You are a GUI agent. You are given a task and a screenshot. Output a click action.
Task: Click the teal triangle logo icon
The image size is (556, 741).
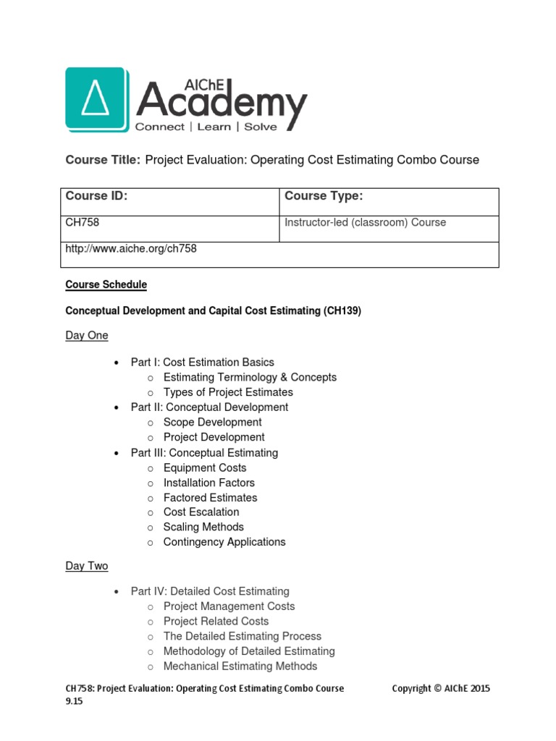97,101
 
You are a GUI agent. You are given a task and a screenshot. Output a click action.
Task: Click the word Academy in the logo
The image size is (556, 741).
221,101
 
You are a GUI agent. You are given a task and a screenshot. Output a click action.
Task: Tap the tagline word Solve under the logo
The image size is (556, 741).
260,127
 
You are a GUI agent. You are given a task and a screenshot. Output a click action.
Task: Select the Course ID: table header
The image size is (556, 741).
96,196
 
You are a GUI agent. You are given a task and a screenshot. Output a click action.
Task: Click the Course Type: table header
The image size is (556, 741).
324,196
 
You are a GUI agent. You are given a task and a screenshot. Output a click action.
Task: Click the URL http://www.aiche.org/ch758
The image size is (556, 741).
131,249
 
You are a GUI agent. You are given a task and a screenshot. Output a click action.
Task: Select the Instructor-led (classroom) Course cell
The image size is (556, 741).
366,223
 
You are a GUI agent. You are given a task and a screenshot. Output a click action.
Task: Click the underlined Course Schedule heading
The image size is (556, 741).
106,285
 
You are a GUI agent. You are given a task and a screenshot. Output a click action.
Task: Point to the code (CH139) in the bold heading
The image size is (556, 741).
342,310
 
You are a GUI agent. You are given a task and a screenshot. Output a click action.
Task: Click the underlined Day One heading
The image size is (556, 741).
87,336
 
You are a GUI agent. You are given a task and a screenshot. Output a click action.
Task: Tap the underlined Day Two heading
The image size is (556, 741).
87,566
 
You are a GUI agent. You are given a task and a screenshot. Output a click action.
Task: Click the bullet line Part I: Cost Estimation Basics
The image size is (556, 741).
202,363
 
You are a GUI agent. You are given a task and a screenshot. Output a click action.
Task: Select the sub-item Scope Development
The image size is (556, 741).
212,423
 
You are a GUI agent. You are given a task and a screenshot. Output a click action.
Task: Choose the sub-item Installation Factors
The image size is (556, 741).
208,483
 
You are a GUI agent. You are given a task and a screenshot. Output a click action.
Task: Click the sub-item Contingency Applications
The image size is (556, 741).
224,542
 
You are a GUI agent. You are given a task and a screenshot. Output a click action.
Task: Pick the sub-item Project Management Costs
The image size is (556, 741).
229,606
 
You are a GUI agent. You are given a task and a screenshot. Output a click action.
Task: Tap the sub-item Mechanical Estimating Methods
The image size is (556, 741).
240,666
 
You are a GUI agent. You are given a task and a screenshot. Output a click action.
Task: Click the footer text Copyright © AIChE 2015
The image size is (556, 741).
441,689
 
